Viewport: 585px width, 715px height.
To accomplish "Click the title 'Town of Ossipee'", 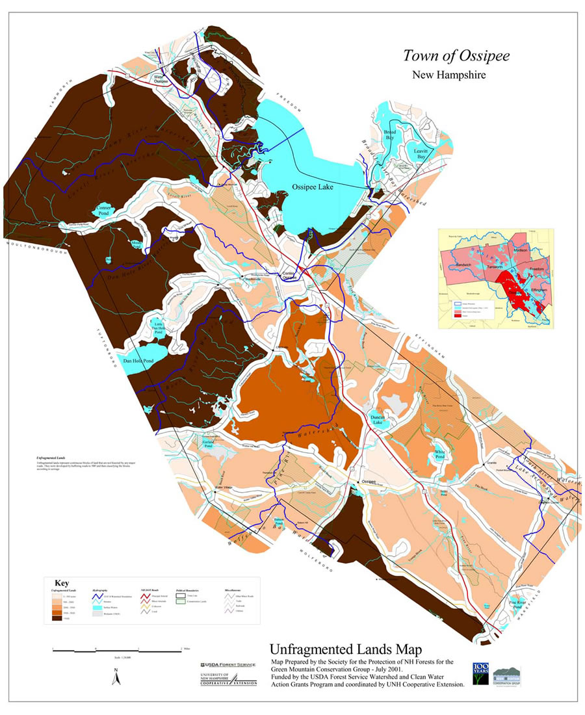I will (x=456, y=56).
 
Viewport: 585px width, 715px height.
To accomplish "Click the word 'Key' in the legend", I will (x=62, y=583).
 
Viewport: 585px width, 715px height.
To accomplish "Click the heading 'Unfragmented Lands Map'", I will (x=346, y=649).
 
